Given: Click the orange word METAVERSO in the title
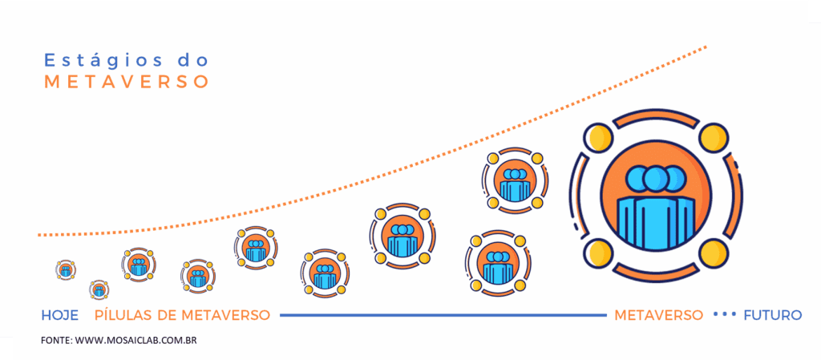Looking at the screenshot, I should pyautogui.click(x=126, y=82).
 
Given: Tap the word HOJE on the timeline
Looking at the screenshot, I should pyautogui.click(x=59, y=315).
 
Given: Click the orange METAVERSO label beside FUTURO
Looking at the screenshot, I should pyautogui.click(x=658, y=315).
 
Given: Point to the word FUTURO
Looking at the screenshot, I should pyautogui.click(x=772, y=315).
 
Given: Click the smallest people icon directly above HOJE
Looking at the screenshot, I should pyautogui.click(x=66, y=269).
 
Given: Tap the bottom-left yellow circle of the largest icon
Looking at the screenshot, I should pyautogui.click(x=599, y=253).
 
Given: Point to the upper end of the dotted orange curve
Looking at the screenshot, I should pyautogui.click(x=706, y=47).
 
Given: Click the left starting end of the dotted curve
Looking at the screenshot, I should pyautogui.click(x=39, y=235).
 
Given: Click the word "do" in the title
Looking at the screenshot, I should pyautogui.click(x=192, y=60).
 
